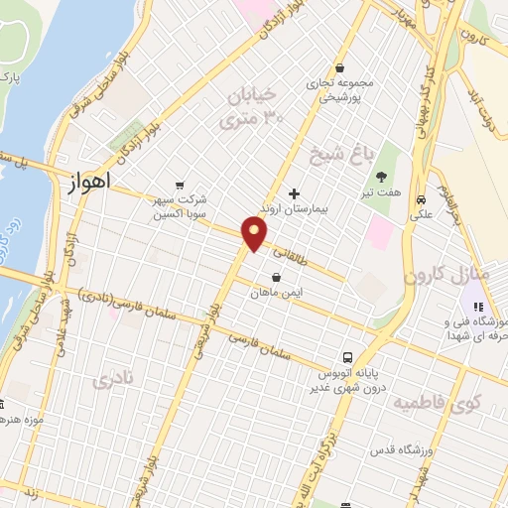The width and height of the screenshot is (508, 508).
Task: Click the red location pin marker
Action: pos(255,234)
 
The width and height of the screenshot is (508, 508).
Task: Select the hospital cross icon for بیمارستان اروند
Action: pos(293,192)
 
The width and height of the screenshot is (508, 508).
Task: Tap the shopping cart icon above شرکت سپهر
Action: pos(180,186)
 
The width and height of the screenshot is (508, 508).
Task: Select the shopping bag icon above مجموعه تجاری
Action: pos(340,68)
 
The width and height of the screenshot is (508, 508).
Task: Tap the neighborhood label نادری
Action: pos(112,381)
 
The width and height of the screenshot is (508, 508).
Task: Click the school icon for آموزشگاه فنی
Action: pos(477,308)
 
